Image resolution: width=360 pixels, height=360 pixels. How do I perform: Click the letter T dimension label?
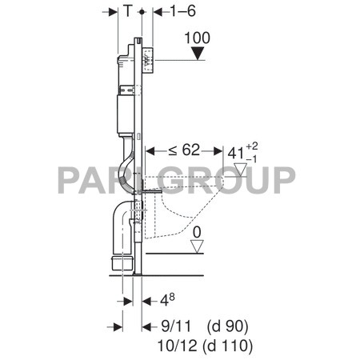(128, 11)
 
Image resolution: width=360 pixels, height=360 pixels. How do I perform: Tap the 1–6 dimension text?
(183, 11)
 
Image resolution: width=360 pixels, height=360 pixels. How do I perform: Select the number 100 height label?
(198, 38)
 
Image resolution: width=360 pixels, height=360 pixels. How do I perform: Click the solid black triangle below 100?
(198, 54)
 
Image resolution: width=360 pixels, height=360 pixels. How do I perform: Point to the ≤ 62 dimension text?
(184, 150)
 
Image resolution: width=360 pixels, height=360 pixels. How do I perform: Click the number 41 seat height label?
(236, 154)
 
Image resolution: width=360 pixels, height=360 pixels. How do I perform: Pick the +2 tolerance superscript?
(252, 146)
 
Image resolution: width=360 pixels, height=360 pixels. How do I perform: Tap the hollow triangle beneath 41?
(241, 170)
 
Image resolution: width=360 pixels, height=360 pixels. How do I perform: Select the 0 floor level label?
(197, 233)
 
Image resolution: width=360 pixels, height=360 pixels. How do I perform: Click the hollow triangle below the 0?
(197, 246)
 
